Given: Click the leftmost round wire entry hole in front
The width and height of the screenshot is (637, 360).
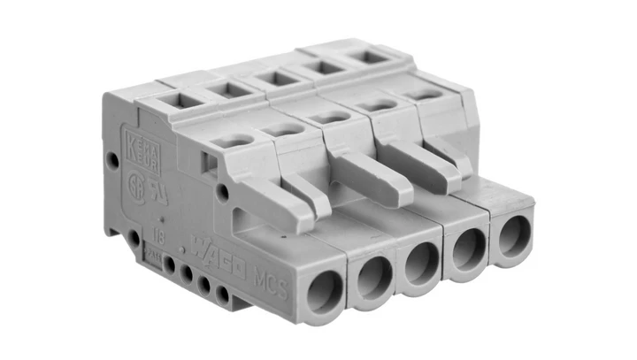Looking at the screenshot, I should (x=324, y=291).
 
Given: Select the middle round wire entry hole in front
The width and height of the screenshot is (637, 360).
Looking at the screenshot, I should (x=420, y=262).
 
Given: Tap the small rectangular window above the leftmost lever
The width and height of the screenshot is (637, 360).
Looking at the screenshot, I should (x=210, y=162).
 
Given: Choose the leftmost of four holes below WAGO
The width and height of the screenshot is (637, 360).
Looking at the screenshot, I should (x=169, y=263).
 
